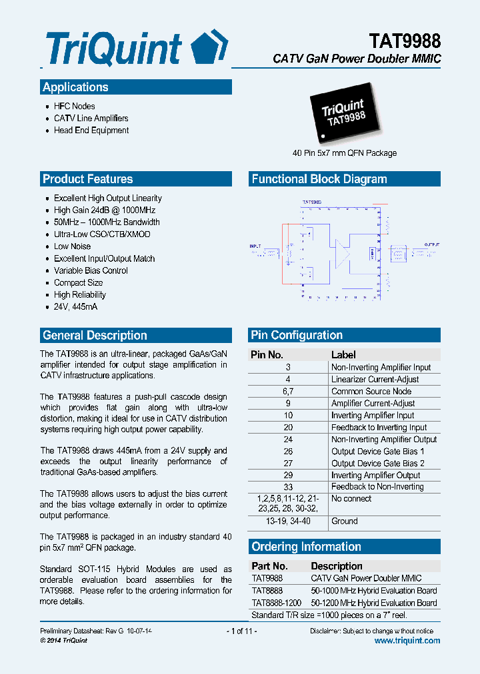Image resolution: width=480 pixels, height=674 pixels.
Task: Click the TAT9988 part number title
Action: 405,41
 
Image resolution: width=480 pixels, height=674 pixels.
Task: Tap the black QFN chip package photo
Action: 346,115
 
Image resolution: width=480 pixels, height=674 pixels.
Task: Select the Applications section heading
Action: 75,87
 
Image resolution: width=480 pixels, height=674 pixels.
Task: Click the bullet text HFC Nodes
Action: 74,107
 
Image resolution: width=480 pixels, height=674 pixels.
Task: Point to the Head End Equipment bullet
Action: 91,131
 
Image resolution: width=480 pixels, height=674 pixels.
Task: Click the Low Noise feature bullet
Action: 72,246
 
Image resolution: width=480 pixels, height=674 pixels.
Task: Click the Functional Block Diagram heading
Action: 319,179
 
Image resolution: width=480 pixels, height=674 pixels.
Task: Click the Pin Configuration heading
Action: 297,335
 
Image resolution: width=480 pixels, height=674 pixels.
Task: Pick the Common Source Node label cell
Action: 371,392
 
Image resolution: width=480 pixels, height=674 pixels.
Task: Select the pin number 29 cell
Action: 288,476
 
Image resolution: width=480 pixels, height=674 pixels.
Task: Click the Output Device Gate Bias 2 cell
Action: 377,464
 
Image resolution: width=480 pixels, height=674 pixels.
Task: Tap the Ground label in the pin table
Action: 345,521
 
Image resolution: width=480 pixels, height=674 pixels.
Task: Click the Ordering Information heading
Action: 306,547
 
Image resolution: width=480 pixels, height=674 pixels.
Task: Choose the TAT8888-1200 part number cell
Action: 276,603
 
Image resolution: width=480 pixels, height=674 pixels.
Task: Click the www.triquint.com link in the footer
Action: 407,641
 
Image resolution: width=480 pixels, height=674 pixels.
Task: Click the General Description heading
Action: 95,335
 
